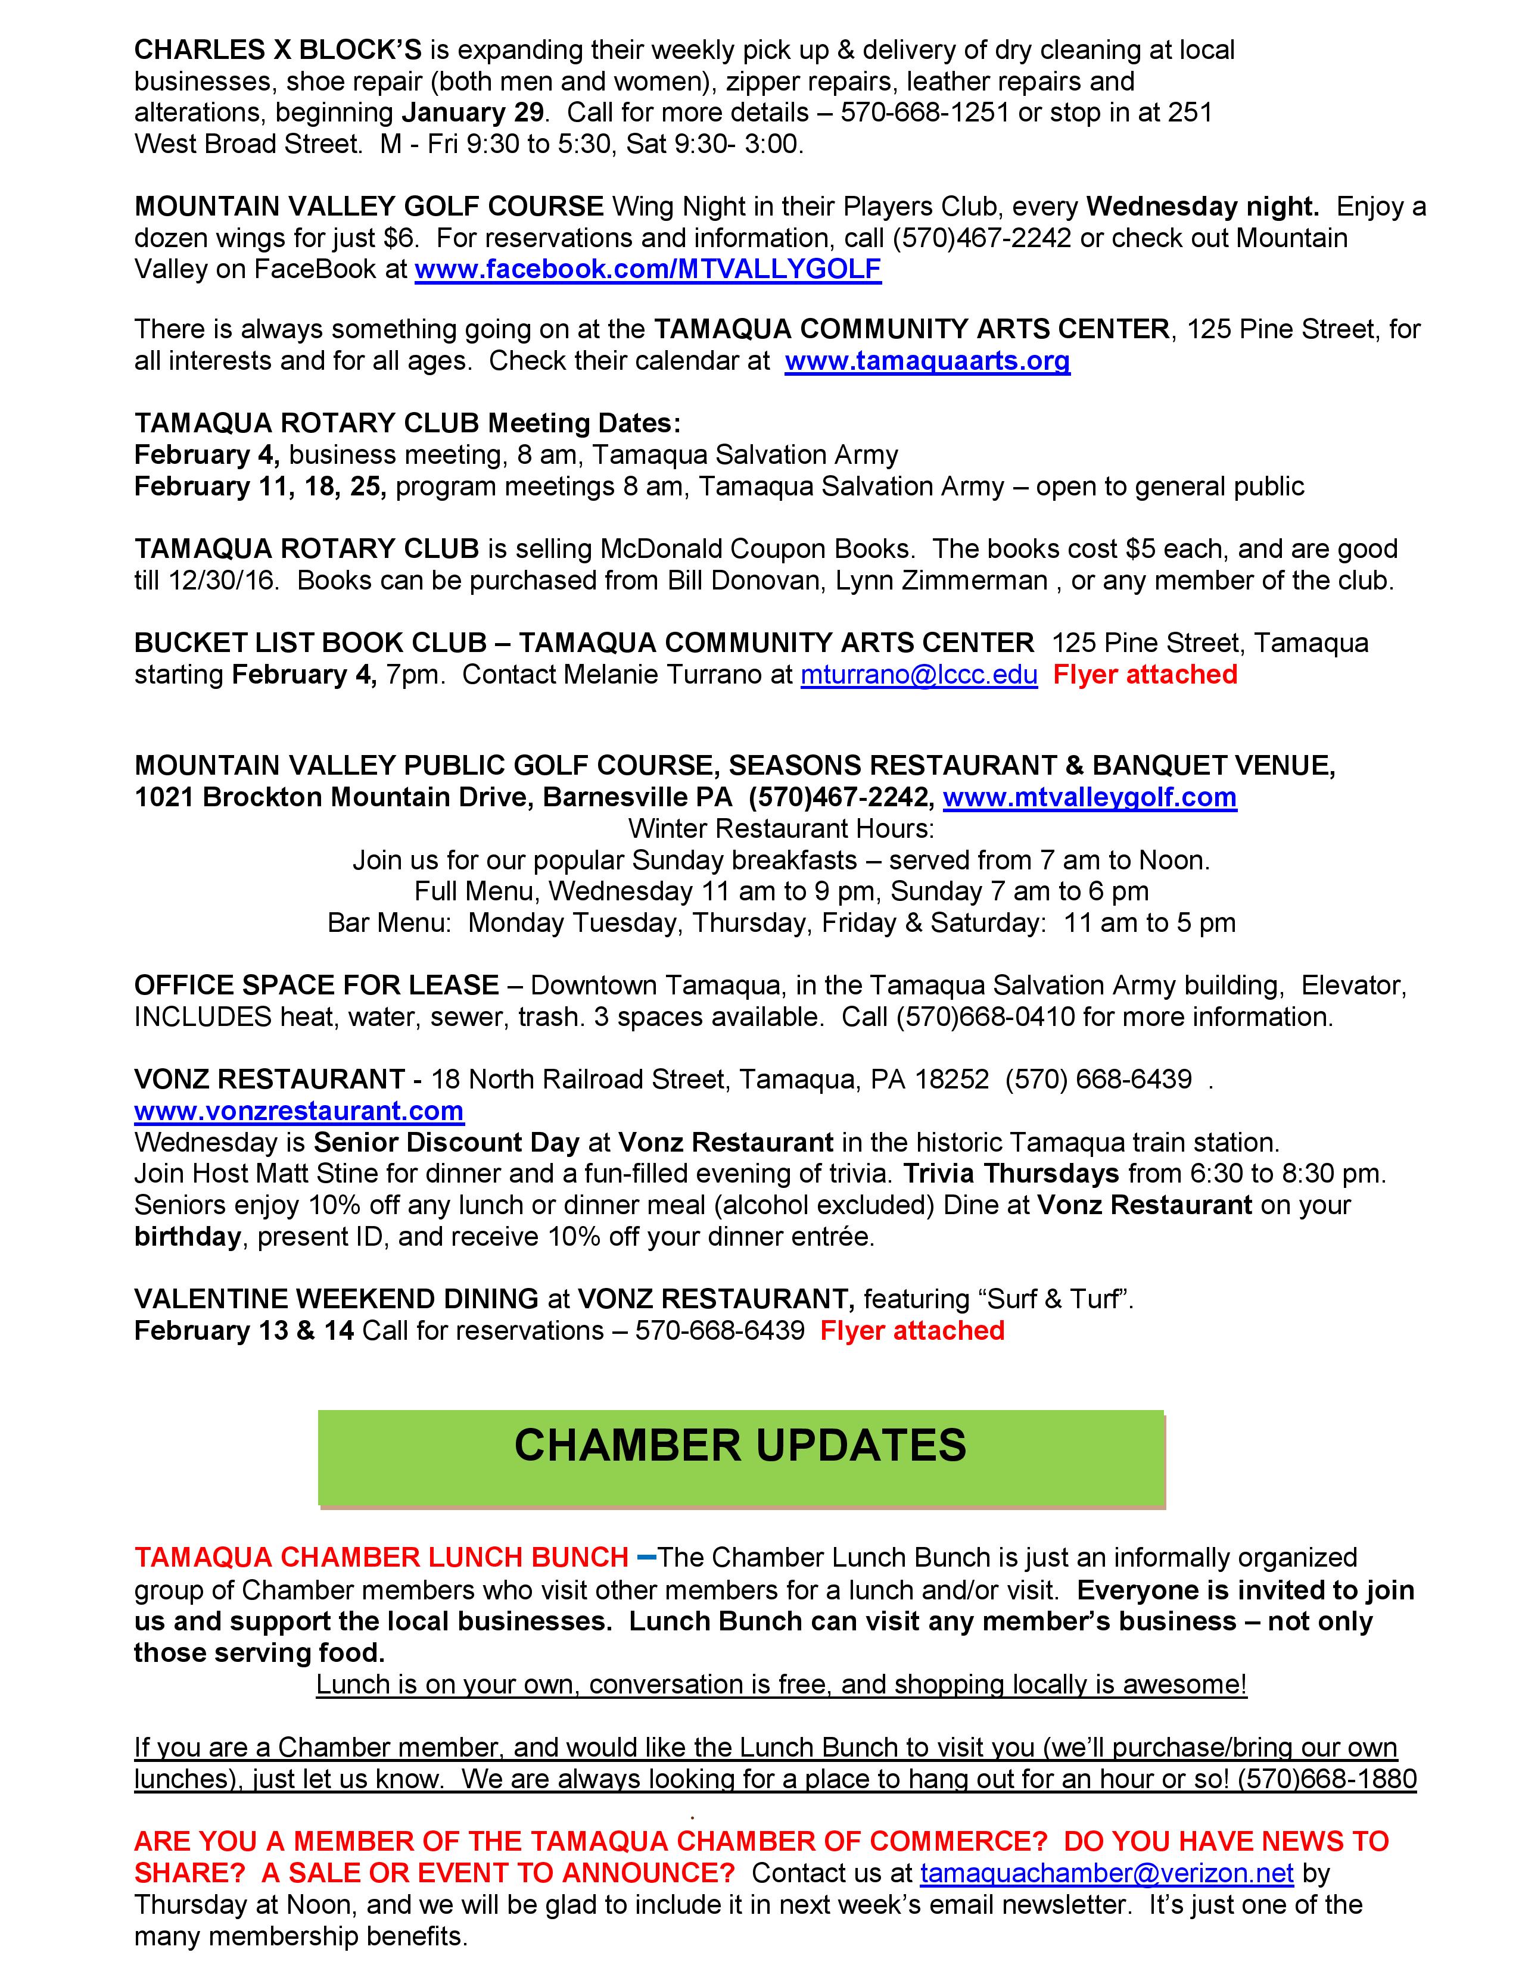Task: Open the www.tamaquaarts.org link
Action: click(927, 361)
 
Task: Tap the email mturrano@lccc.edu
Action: click(919, 675)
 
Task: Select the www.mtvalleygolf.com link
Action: click(1089, 797)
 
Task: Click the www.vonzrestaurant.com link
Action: click(299, 1111)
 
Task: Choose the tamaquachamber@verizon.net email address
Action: click(1106, 1873)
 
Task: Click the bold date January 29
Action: click(472, 113)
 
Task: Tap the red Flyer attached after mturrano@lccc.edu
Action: click(1145, 675)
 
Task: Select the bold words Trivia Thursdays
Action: click(1010, 1174)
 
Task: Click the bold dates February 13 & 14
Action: click(244, 1331)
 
